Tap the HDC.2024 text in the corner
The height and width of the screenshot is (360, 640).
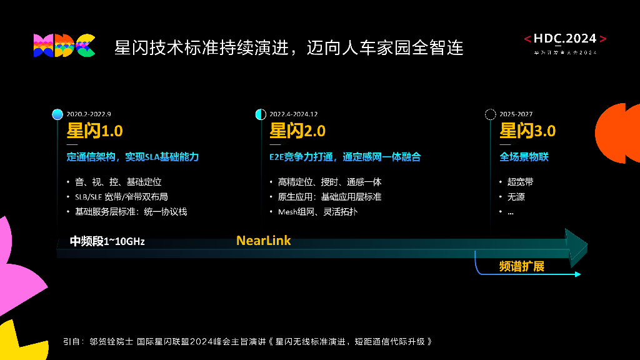point(565,39)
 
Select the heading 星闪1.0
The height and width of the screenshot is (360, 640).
point(94,131)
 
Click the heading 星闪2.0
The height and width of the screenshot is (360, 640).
point(297,131)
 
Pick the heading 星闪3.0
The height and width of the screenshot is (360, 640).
point(527,131)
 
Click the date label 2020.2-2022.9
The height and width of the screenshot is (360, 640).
point(88,114)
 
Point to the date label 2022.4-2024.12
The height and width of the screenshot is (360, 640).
point(294,114)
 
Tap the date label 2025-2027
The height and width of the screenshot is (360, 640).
point(516,114)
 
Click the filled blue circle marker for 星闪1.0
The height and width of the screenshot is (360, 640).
point(57,114)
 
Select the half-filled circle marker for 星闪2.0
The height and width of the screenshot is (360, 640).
point(261,114)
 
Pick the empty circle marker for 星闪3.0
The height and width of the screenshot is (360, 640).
point(491,114)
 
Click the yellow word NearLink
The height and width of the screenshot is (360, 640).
point(263,241)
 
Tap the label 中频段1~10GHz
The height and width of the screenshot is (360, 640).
point(107,241)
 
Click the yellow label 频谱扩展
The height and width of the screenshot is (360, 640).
point(521,266)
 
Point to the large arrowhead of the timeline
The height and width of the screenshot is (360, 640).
point(576,244)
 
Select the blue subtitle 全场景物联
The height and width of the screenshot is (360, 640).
point(524,157)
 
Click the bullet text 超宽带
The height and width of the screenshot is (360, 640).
point(520,182)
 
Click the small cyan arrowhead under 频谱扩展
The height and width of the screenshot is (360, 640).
point(577,274)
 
